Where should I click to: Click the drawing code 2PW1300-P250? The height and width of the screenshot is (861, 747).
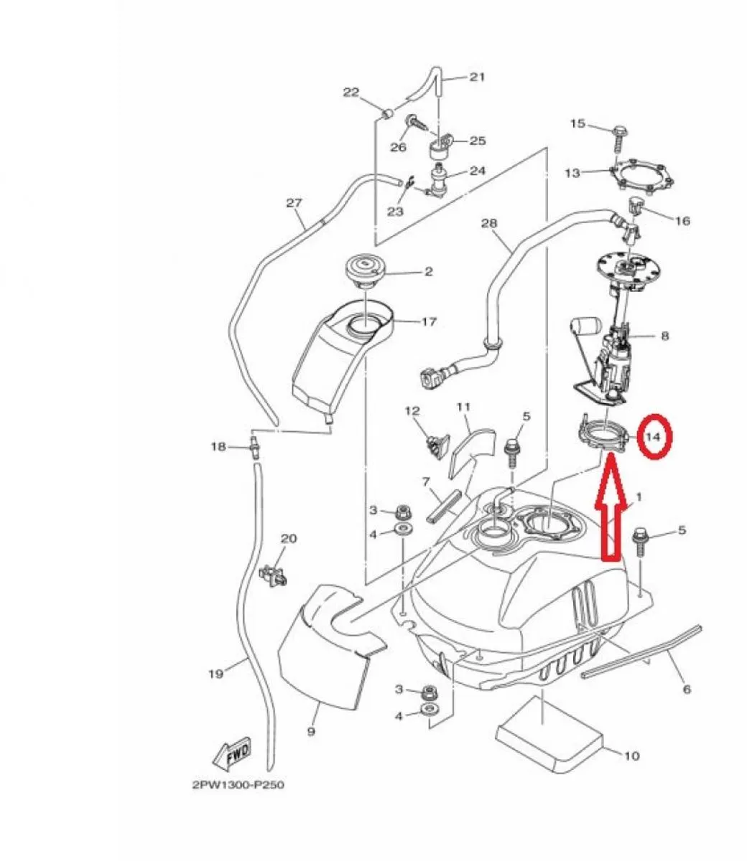[x=238, y=785]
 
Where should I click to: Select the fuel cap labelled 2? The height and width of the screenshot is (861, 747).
[x=365, y=273]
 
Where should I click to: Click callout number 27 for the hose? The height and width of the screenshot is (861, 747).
[x=294, y=203]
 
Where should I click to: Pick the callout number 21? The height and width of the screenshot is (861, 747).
[x=478, y=77]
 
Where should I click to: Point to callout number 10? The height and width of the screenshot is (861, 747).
[x=631, y=755]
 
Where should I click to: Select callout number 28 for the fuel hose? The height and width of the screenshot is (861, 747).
[x=489, y=224]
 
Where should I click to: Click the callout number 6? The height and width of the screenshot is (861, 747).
[x=687, y=690]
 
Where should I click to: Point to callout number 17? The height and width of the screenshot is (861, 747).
[x=429, y=322]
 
